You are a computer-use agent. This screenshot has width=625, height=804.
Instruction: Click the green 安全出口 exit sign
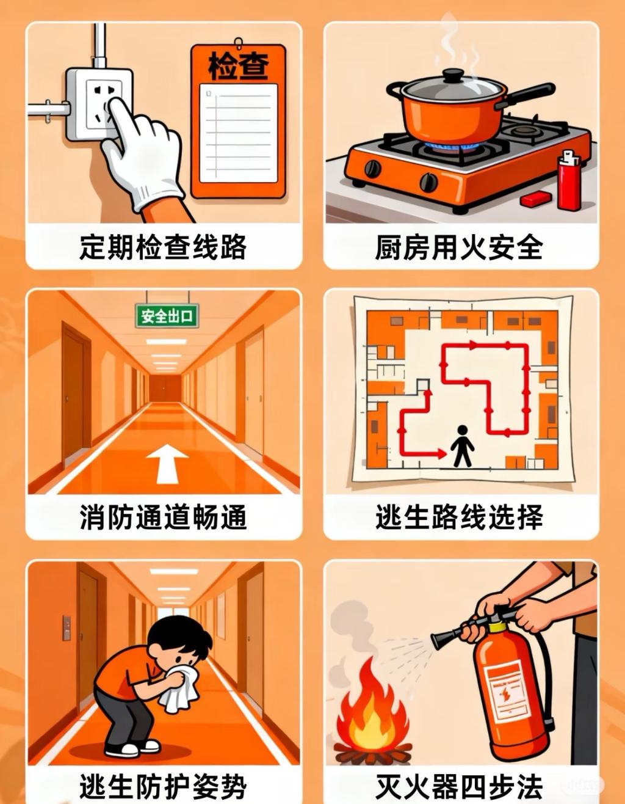click(167, 316)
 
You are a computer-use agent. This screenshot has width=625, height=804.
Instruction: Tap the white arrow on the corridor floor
click(167, 464)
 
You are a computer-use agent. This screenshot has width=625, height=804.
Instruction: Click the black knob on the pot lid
click(452, 76)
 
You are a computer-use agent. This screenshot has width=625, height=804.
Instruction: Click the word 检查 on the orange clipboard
click(239, 66)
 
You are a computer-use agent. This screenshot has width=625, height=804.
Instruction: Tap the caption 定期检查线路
click(163, 247)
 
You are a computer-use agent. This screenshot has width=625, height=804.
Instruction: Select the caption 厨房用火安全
click(460, 247)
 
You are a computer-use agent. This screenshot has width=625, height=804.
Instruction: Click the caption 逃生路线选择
click(460, 516)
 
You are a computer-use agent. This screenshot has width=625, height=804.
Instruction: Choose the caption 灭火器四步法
click(460, 786)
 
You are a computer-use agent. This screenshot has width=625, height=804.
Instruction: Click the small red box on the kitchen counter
click(536, 199)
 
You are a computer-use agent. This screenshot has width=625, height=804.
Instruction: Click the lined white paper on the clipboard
click(239, 133)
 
